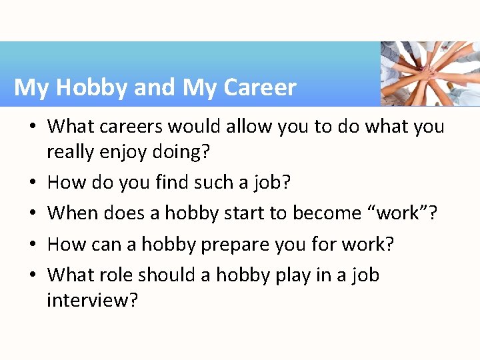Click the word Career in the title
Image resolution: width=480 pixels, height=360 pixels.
pos(260,88)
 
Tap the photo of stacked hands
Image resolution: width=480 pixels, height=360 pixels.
pos(429,73)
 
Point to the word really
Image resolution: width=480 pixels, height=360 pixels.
pos(71,153)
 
